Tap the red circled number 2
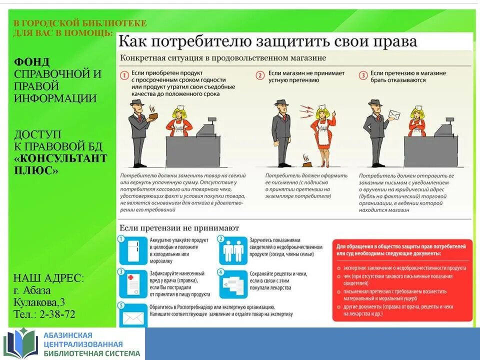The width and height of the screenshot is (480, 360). coord(260,76)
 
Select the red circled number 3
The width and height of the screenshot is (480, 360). coord(363,76)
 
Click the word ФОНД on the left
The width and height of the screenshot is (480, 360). coord(32,62)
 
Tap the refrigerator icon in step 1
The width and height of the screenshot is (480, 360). coord(133,251)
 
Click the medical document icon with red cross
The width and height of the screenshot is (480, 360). coord(133,284)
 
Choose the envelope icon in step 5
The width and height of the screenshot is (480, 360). coord(133,317)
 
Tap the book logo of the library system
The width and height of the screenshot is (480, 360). coord(21,343)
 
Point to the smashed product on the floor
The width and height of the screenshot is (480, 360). coord(306,161)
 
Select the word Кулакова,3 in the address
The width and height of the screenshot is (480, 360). coord(39,302)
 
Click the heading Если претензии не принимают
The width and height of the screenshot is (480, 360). coord(179,228)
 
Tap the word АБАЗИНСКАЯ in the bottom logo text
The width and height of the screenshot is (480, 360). coord(68,335)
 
